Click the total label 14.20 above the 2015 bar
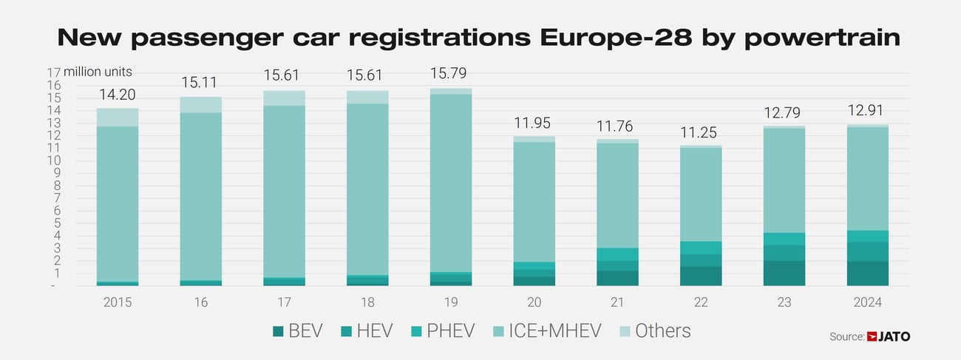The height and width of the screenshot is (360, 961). coord(118,94)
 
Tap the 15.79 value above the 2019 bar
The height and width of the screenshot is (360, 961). coord(451,74)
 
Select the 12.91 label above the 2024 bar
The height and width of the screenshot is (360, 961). coord(867,111)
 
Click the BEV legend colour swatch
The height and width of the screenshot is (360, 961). coord(278,331)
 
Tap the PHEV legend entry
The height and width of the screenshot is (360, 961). coord(442,331)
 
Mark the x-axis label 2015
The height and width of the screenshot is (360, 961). coord(118,302)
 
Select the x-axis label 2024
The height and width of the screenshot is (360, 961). coord(867,302)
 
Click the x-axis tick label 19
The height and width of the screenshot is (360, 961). coord(451,302)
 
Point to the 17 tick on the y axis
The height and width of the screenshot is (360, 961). coord(53,72)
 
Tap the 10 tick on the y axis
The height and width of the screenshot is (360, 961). coord(53,160)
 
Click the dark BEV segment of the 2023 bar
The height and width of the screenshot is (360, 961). coord(784,273)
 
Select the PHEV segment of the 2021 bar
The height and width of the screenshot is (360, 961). coord(617,254)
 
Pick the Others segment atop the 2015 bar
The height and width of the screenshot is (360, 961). coord(118,118)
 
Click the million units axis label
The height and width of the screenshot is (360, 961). coord(98,72)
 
